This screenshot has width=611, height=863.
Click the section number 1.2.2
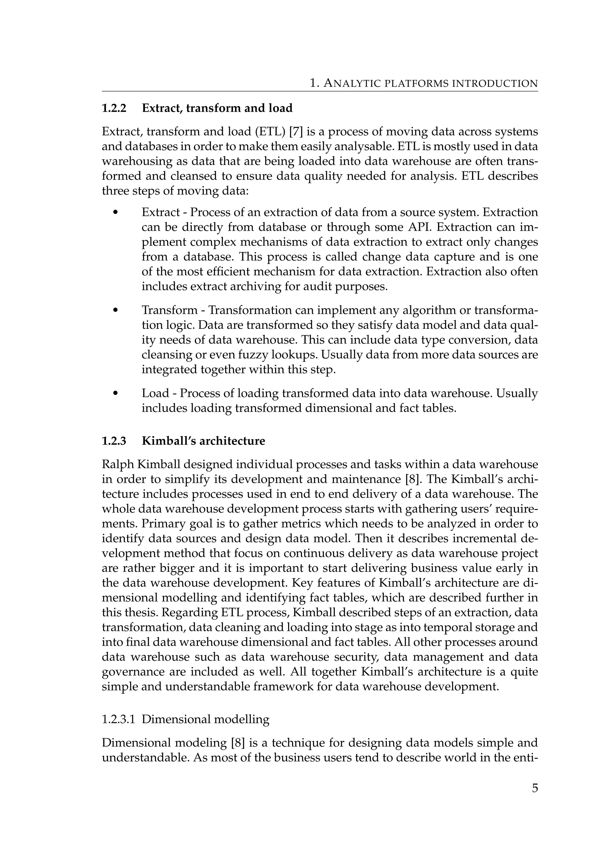pos(114,108)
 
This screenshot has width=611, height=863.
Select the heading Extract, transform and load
pos(217,108)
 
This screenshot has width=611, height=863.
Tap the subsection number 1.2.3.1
pos(118,719)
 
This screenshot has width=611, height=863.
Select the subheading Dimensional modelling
pos(206,719)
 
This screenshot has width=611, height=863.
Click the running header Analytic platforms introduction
pos(423,83)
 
